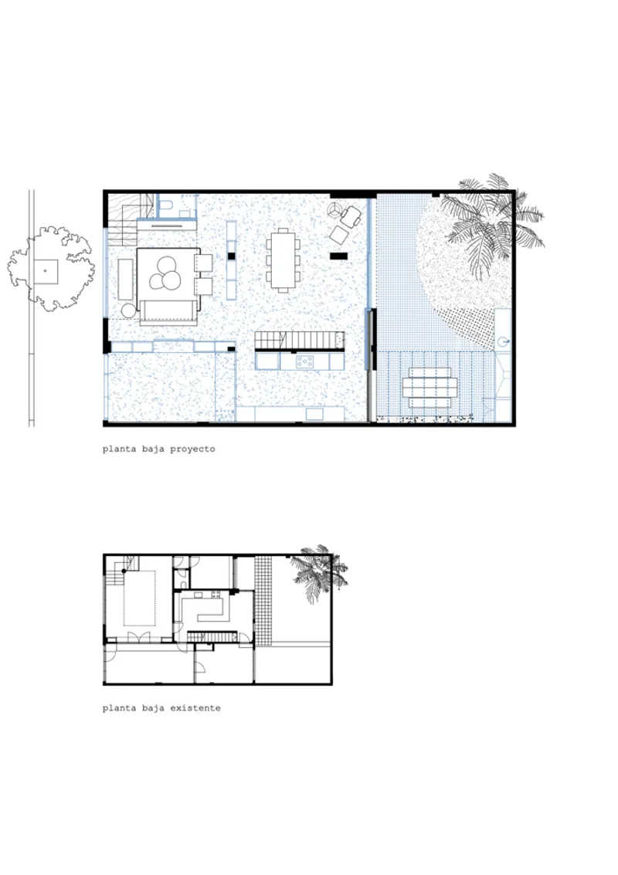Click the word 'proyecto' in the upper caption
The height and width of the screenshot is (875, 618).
tap(192, 449)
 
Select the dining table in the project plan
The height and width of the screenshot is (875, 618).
tap(284, 260)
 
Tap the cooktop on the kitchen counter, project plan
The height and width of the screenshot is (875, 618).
tap(305, 362)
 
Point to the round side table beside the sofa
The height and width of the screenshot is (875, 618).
tap(129, 310)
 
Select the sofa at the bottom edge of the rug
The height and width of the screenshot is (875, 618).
tap(169, 312)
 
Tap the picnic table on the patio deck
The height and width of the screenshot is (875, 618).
tap(433, 387)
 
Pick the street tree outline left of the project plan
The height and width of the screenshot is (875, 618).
tap(51, 269)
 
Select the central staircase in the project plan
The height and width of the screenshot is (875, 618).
tap(299, 341)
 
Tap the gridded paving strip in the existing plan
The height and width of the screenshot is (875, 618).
tap(263, 600)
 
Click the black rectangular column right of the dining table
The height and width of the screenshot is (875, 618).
tap(338, 256)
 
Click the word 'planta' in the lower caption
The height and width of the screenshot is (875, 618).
tap(119, 709)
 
